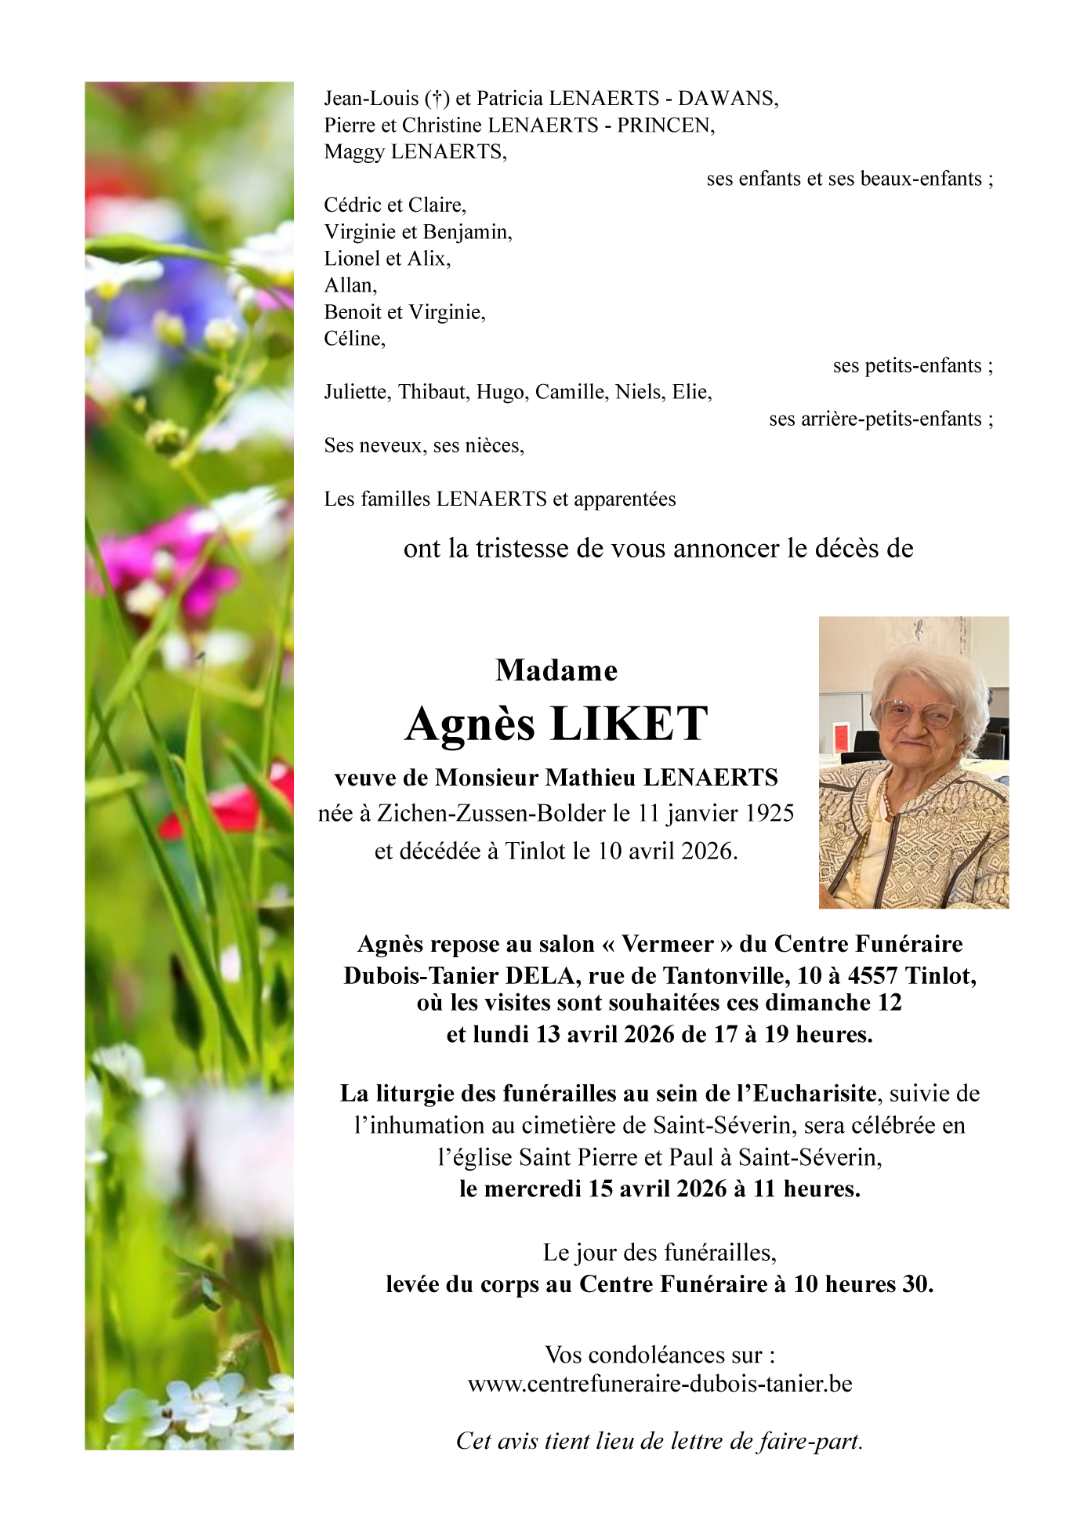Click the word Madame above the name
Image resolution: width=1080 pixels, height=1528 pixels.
click(556, 670)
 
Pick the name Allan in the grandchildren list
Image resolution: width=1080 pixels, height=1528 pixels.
click(350, 285)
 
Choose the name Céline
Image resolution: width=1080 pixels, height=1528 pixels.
click(354, 339)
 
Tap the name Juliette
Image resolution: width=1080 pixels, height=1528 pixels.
click(357, 392)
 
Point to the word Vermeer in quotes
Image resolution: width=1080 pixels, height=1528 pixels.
click(668, 944)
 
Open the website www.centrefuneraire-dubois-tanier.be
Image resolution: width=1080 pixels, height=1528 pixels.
click(660, 1385)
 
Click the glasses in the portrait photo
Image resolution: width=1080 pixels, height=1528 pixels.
click(917, 713)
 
